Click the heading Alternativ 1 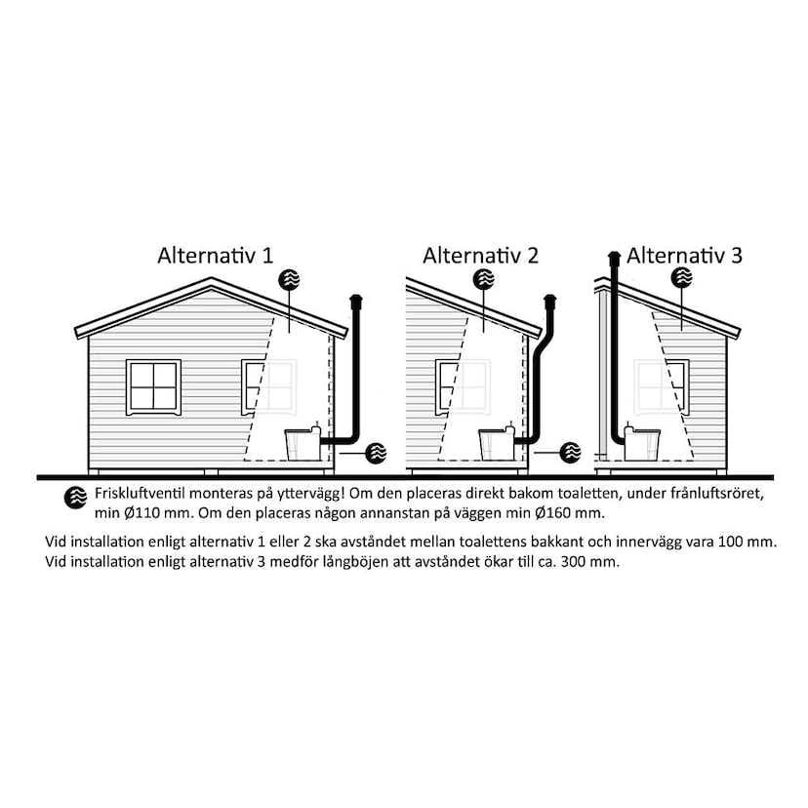[x=216, y=256]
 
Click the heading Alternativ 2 [x=480, y=256]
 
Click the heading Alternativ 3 [x=684, y=256]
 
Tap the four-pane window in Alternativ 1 [x=153, y=387]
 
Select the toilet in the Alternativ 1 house [x=303, y=444]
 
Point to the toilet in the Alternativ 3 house [x=642, y=443]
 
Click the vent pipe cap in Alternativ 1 [x=356, y=302]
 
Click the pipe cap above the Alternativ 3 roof [x=614, y=259]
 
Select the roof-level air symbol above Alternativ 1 [x=289, y=279]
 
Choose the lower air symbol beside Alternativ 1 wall [x=376, y=453]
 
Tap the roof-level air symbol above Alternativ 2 [x=484, y=279]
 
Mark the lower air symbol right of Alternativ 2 [x=571, y=453]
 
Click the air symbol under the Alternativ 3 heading [x=682, y=278]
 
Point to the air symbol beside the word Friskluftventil [x=76, y=498]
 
